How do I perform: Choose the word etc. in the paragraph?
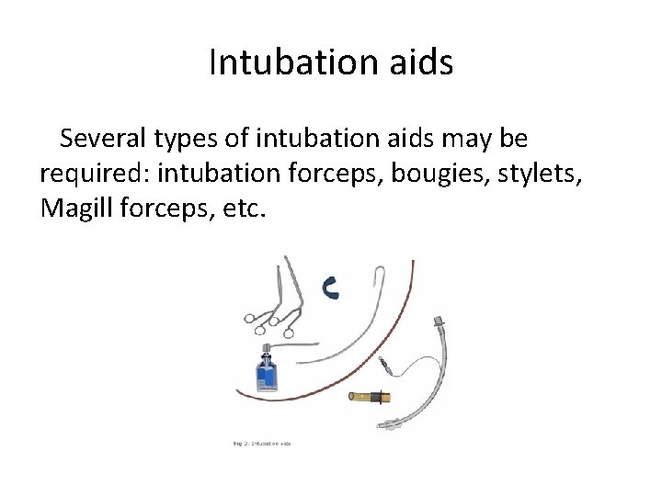[x=244, y=209]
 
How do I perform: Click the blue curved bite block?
[x=332, y=287]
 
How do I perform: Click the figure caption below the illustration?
[x=261, y=445]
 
